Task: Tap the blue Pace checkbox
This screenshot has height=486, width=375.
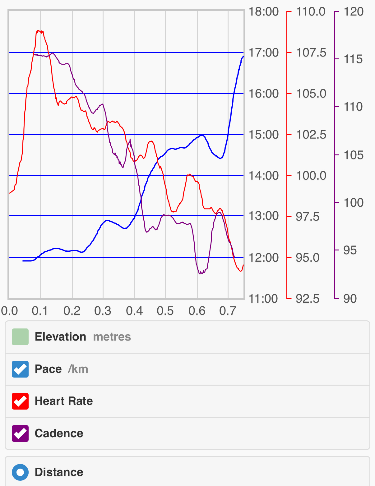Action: click(20, 369)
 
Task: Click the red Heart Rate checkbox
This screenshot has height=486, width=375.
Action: click(20, 401)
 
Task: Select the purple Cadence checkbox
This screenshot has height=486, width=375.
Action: click(20, 433)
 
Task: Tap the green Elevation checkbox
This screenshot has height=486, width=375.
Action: click(20, 337)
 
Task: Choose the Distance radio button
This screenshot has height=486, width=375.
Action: click(20, 472)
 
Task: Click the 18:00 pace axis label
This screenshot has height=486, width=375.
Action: click(263, 12)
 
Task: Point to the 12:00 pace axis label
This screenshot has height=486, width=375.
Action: click(263, 258)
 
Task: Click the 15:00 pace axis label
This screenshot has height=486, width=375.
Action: click(263, 135)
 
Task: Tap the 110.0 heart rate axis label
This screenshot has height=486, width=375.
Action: click(311, 12)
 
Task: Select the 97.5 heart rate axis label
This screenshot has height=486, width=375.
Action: click(308, 217)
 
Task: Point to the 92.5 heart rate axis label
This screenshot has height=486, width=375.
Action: click(308, 299)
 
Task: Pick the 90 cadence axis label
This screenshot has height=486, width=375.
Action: click(350, 299)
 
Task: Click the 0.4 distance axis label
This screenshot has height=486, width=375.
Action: click(134, 311)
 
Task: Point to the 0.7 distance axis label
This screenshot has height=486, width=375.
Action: click(228, 311)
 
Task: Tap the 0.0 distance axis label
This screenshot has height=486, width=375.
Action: click(9, 311)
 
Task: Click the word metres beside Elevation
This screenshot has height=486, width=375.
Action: click(112, 337)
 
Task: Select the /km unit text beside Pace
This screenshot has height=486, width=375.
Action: click(78, 369)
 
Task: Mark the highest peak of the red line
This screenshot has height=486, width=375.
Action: click(38, 30)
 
